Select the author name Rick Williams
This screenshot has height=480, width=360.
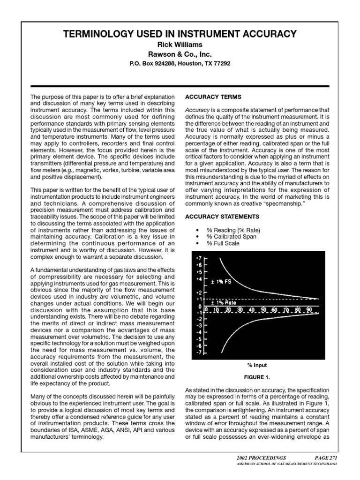(x=180, y=45)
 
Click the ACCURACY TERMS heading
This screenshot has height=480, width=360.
(x=207, y=97)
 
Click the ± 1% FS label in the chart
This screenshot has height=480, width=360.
(x=221, y=282)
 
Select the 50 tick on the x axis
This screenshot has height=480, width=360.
(x=264, y=310)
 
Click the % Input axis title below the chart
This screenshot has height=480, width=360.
(x=257, y=365)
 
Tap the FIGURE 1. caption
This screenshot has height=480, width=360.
(x=257, y=376)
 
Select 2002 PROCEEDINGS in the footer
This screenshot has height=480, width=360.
(x=262, y=457)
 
